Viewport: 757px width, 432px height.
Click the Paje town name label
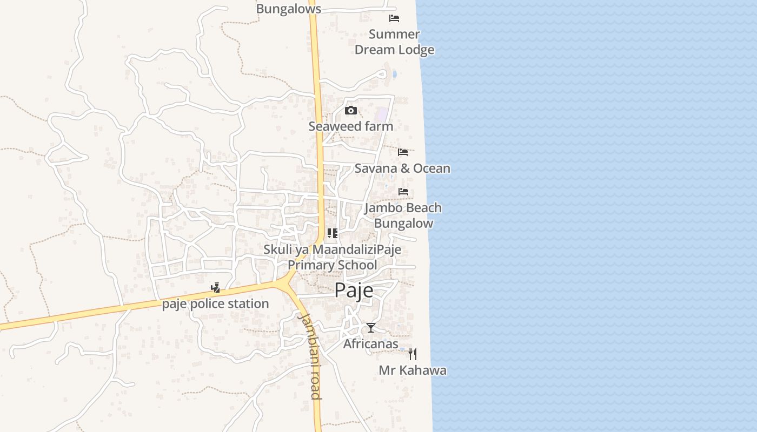click(354, 290)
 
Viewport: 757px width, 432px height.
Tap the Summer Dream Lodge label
click(394, 42)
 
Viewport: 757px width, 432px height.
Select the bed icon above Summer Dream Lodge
click(394, 18)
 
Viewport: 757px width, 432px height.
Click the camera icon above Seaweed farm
click(351, 111)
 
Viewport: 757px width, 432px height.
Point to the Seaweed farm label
click(350, 126)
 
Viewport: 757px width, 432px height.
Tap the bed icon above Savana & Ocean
click(403, 152)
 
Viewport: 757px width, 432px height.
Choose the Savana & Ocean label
click(402, 168)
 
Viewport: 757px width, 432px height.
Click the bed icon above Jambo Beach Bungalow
click(403, 192)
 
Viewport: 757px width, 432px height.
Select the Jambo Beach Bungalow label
click(403, 215)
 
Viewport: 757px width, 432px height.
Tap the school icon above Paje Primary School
click(333, 233)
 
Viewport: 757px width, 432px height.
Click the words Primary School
click(332, 265)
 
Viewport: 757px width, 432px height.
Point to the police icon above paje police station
click(215, 287)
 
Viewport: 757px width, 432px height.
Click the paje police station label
click(215, 303)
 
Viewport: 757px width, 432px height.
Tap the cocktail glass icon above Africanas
click(371, 328)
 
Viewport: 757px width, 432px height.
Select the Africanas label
click(371, 344)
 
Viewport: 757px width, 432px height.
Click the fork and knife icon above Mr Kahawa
click(413, 354)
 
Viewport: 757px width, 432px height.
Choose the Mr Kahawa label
click(413, 370)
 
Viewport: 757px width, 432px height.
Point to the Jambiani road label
click(310, 356)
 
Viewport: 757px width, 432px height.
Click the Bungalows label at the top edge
click(288, 9)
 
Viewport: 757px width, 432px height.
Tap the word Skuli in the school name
click(277, 249)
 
